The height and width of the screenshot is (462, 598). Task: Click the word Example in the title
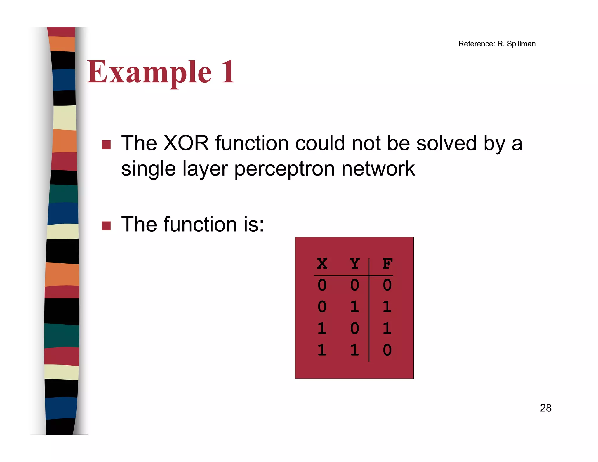click(149, 72)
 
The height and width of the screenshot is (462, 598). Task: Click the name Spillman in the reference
click(521, 44)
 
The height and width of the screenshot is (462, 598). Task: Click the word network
click(378, 169)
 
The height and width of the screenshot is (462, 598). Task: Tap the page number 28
click(545, 408)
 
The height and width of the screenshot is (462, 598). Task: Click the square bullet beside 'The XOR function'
click(106, 145)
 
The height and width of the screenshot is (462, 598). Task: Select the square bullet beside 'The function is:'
click(106, 226)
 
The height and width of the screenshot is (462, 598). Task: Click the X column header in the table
click(322, 264)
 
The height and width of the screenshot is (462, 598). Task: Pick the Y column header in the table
click(354, 264)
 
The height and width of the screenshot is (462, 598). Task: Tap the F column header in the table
click(387, 264)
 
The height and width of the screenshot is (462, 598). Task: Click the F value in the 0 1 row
click(387, 307)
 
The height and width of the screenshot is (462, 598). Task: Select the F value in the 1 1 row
click(387, 350)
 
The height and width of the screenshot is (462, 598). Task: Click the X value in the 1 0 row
click(322, 328)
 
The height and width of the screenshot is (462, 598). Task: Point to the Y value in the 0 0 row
click(354, 285)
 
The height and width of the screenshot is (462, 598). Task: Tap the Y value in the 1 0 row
click(354, 328)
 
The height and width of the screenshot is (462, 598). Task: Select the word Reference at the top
click(476, 44)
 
